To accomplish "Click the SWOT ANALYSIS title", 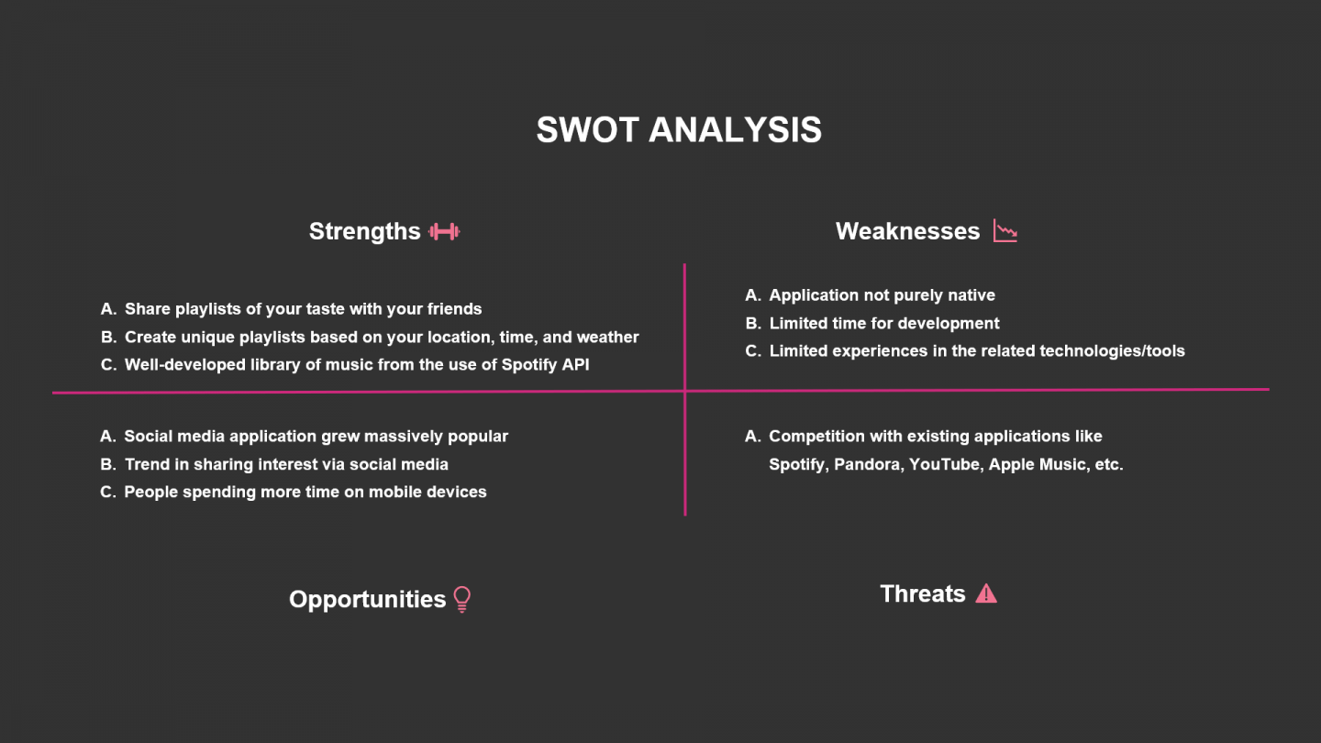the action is pyautogui.click(x=679, y=129).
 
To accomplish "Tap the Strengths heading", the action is pyautogui.click(x=364, y=231).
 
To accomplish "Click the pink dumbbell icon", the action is pyautogui.click(x=444, y=232).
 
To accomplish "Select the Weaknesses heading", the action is pyautogui.click(x=907, y=231).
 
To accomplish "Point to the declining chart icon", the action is pyautogui.click(x=1005, y=230).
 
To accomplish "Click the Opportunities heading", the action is pyautogui.click(x=367, y=599).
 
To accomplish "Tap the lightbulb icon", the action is pyautogui.click(x=462, y=599).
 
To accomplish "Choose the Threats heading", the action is pyautogui.click(x=922, y=593).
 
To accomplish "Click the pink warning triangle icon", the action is pyautogui.click(x=986, y=593).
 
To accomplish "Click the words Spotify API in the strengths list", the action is pyautogui.click(x=546, y=365).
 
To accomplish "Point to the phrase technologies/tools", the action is pyautogui.click(x=1112, y=351).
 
